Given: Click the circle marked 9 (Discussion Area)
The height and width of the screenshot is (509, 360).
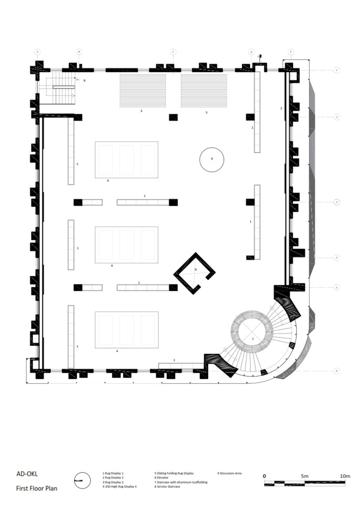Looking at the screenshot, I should tap(211, 159).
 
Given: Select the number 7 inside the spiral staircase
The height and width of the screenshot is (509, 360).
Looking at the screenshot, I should tap(253, 338).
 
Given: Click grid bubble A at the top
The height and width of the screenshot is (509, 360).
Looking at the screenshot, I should tap(37, 52).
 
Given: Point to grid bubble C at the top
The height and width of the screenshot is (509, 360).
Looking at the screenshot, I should tap(173, 52).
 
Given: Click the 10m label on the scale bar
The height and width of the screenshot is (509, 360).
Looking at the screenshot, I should tap(345, 476).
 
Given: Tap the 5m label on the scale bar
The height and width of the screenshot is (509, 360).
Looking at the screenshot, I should tap(304, 476).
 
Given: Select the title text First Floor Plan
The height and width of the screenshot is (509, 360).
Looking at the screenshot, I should tap(37, 488).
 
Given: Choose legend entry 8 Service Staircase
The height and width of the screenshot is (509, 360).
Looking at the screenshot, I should tap(173, 487).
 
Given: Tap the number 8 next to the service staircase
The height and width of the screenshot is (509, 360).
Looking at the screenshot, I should tap(85, 80).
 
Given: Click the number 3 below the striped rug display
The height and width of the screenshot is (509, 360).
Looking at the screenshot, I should tap(142, 110).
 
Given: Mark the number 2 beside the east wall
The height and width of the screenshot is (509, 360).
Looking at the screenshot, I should tap(281, 108).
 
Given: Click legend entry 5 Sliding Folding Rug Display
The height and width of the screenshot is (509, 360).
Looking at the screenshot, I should tap(174, 473).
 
